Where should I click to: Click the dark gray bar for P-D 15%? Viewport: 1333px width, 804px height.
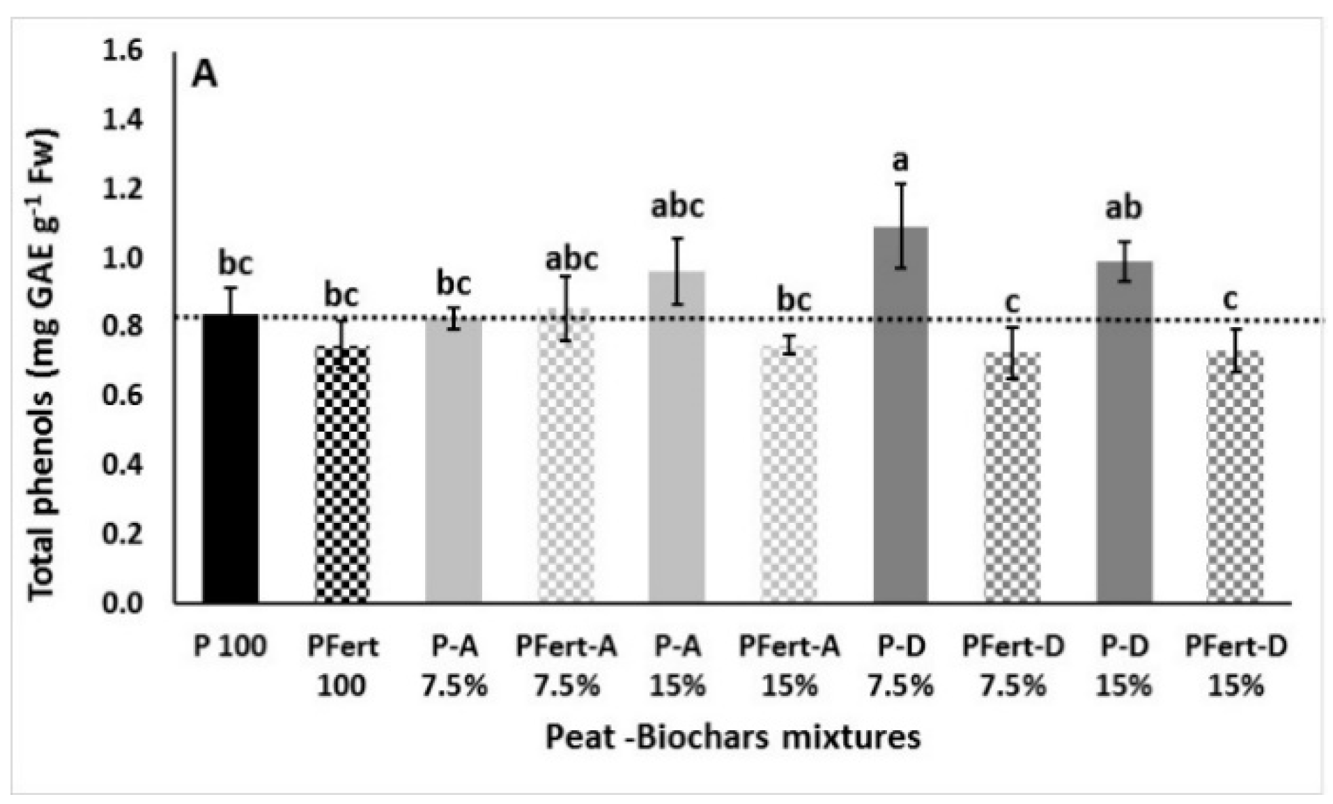pyautogui.click(x=1124, y=432)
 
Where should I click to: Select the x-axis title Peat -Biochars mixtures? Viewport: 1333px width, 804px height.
pyautogui.click(x=732, y=737)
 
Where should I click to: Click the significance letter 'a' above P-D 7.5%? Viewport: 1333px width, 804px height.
pyautogui.click(x=901, y=161)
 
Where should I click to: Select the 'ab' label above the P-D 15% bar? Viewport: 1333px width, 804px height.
pyautogui.click(x=1124, y=208)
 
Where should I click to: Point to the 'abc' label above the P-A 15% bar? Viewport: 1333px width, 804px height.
pyautogui.click(x=677, y=206)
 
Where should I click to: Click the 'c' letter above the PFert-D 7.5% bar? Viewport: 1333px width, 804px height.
pyautogui.click(x=1012, y=303)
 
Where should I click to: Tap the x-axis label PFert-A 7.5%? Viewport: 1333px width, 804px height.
pyautogui.click(x=567, y=666)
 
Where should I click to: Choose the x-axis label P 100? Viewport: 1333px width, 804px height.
pyautogui.click(x=230, y=647)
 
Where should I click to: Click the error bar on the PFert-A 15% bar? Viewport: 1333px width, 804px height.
pyautogui.click(x=789, y=345)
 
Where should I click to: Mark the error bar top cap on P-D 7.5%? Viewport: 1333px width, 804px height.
pyautogui.click(x=901, y=183)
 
